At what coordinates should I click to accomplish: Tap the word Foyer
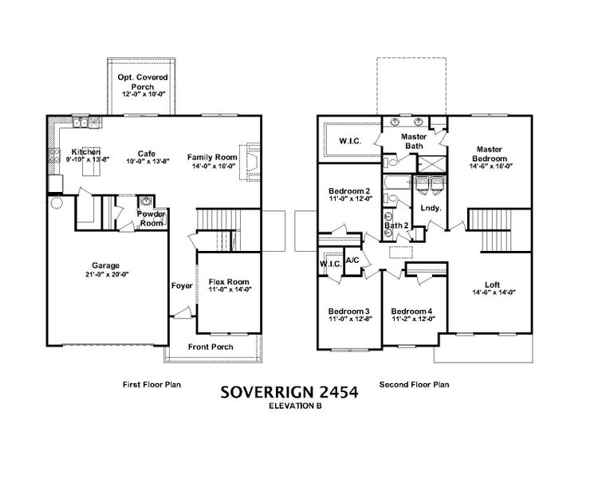[182, 285]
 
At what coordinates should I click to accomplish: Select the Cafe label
[146, 152]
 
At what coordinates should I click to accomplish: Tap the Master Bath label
[413, 140]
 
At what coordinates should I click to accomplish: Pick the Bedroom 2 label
[350, 191]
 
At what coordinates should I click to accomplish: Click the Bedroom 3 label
[349, 311]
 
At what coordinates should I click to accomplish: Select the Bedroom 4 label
[411, 311]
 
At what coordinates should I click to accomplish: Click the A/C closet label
[352, 260]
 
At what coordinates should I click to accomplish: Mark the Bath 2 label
[396, 225]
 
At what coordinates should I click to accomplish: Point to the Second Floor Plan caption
[414, 384]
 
